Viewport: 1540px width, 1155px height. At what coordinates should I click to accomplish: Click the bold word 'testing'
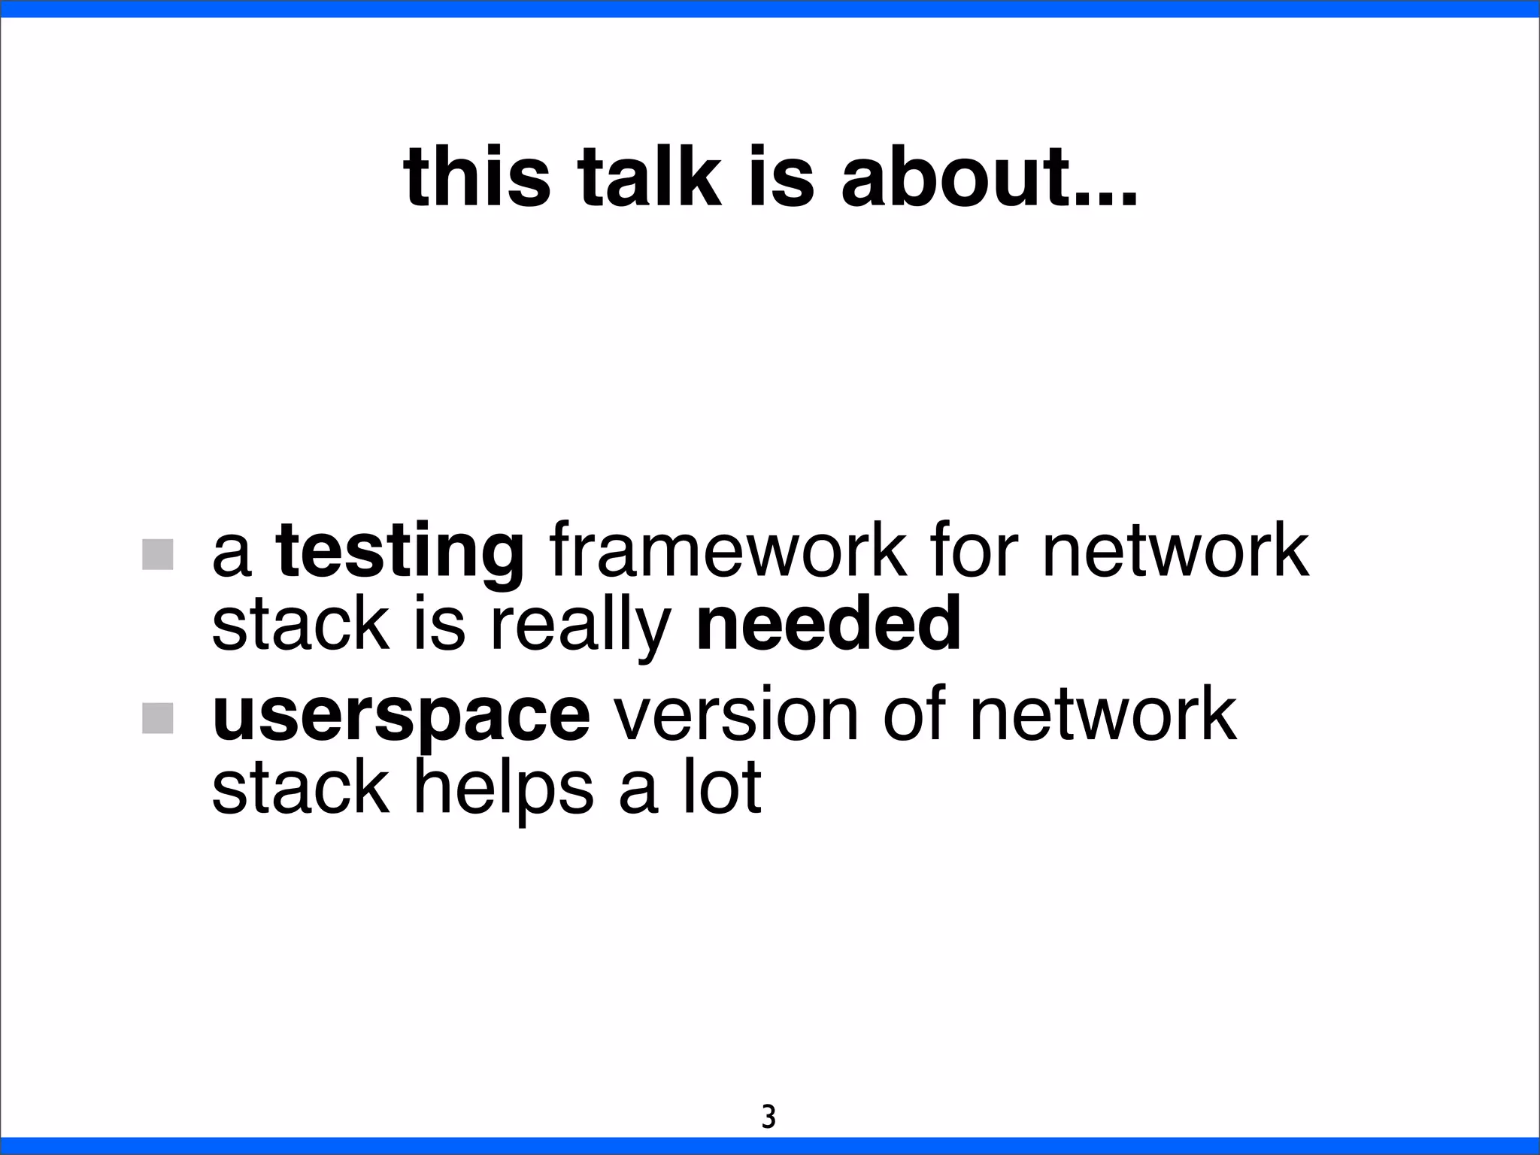400,553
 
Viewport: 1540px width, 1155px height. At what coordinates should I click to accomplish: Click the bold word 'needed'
829,624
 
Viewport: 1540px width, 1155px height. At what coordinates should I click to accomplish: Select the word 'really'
580,628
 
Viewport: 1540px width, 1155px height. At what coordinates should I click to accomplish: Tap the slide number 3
768,1117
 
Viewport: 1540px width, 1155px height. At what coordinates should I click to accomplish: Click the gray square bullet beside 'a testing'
158,554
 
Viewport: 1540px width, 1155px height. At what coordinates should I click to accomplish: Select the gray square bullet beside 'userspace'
158,717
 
